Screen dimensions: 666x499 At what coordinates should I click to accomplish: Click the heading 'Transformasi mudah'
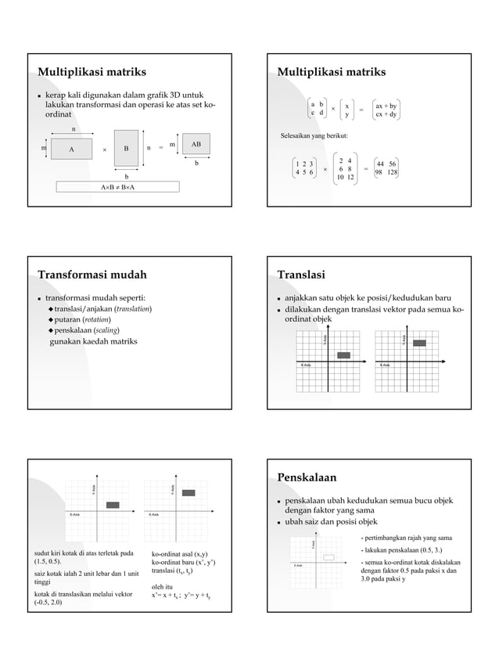click(92, 275)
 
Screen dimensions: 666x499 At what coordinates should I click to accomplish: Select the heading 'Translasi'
click(301, 275)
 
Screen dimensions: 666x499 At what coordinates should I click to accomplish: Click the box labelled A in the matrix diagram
click(71, 148)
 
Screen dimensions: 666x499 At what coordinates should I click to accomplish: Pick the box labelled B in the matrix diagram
click(126, 148)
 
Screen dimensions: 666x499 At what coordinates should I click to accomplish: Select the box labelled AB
click(196, 145)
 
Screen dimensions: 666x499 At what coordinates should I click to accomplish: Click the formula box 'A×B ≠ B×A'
click(117, 187)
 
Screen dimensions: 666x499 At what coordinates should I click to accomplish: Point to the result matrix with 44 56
click(386, 167)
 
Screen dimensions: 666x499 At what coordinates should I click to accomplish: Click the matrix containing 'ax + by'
click(386, 110)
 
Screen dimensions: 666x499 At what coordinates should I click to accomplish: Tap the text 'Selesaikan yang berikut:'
click(314, 137)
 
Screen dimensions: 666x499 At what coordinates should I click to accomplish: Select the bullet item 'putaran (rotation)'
click(82, 320)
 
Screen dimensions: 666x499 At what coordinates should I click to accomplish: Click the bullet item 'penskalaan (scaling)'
click(86, 331)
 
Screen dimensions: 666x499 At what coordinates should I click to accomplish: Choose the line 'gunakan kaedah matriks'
click(93, 342)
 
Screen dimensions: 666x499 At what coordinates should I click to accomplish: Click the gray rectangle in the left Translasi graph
click(343, 355)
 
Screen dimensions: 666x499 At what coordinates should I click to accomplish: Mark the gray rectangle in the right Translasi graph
click(419, 343)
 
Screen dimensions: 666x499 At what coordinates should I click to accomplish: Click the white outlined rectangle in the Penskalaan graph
click(328, 557)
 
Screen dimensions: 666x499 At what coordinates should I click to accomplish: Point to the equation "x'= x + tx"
click(166, 596)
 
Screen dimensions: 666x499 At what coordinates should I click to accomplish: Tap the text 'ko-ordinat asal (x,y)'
click(180, 554)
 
